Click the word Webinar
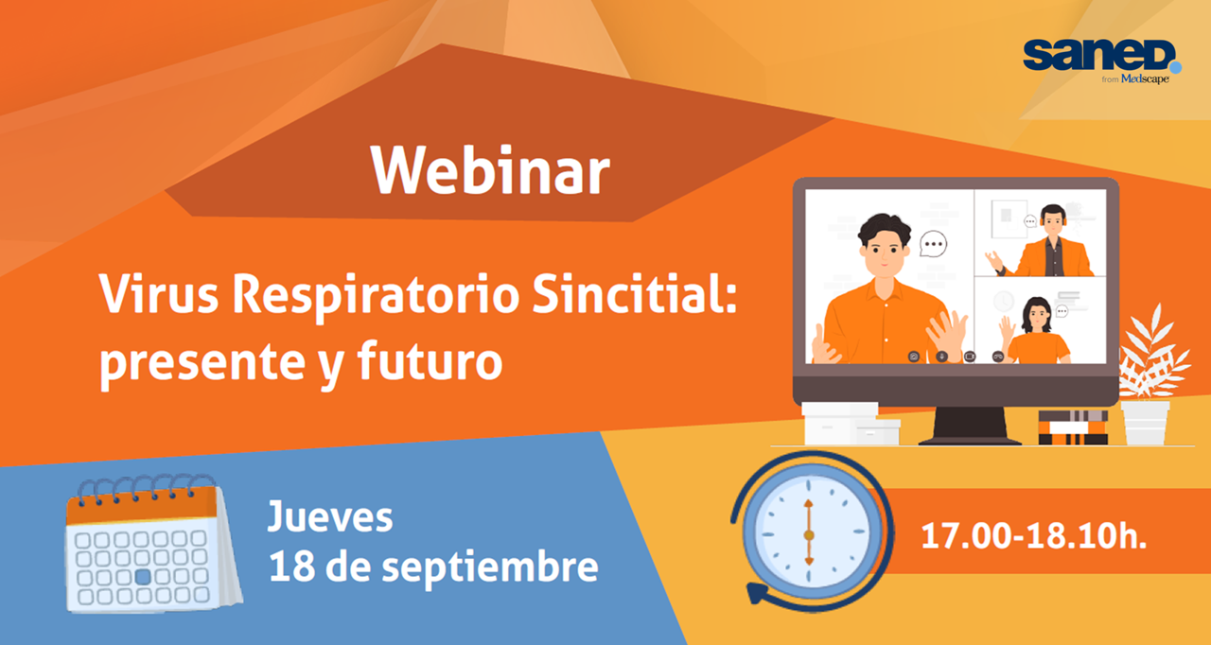tap(490, 170)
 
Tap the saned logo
tap(1101, 56)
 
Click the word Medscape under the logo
tap(1145, 78)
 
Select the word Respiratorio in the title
tap(376, 297)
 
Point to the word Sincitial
tap(634, 293)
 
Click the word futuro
tap(430, 359)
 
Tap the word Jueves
tap(330, 517)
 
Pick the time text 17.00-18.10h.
tap(1034, 536)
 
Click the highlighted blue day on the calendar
tap(143, 576)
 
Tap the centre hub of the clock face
tap(809, 534)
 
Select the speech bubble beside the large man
tap(934, 244)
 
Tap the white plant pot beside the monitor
tap(1146, 423)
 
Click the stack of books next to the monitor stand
tap(1073, 427)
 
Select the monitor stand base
tap(971, 442)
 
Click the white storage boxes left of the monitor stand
tap(850, 424)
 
